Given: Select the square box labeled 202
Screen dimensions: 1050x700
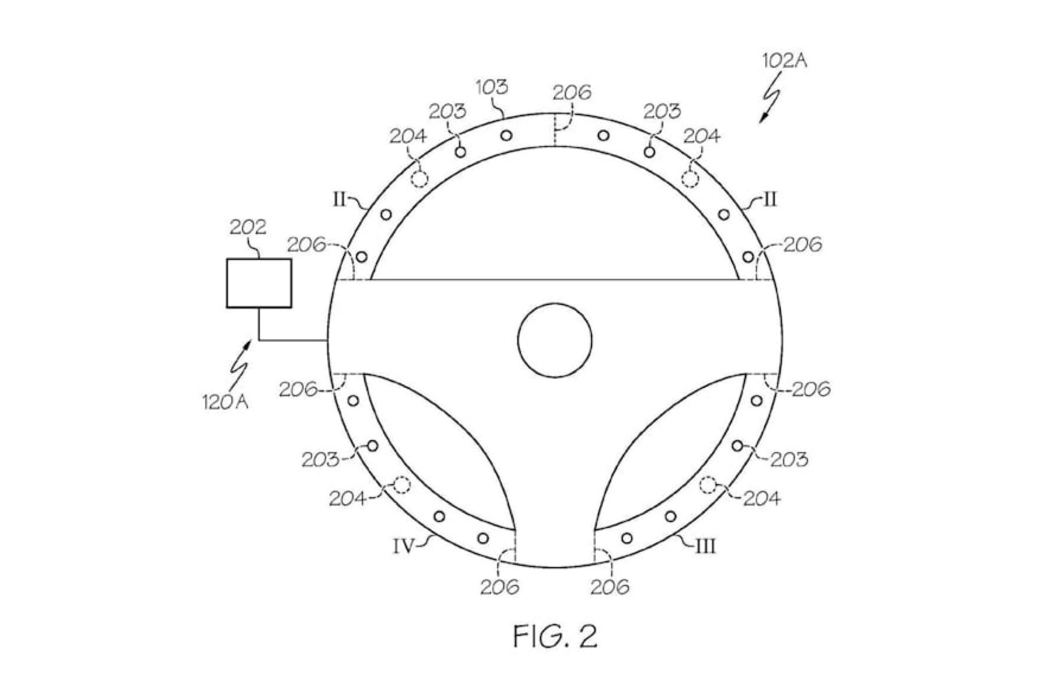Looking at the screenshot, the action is pyautogui.click(x=259, y=283).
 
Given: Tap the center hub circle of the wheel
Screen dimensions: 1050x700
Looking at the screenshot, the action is pyautogui.click(x=555, y=338).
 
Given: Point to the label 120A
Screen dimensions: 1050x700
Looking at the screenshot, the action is pyautogui.click(x=225, y=402).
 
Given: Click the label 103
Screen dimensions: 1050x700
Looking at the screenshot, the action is pyautogui.click(x=492, y=87).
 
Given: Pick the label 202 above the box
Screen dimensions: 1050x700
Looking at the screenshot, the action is pyautogui.click(x=248, y=226).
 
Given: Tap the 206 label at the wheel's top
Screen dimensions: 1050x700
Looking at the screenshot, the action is pyautogui.click(x=572, y=92).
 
